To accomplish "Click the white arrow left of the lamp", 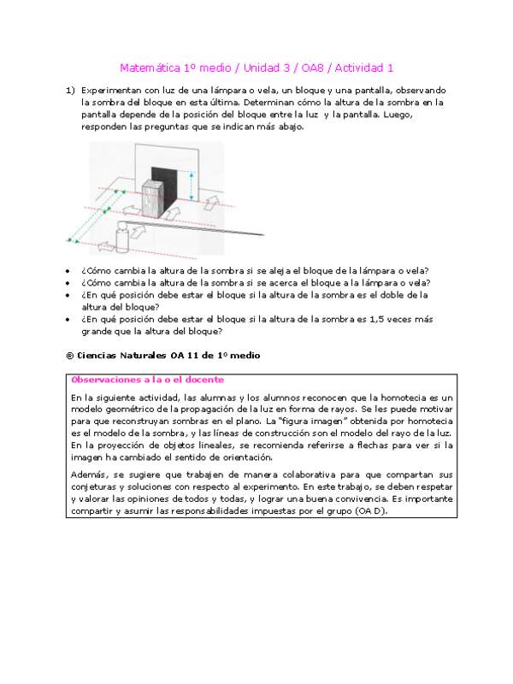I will pos(106,247).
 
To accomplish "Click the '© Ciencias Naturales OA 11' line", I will pos(162,355).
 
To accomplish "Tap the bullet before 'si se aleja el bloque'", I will pos(69,271).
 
